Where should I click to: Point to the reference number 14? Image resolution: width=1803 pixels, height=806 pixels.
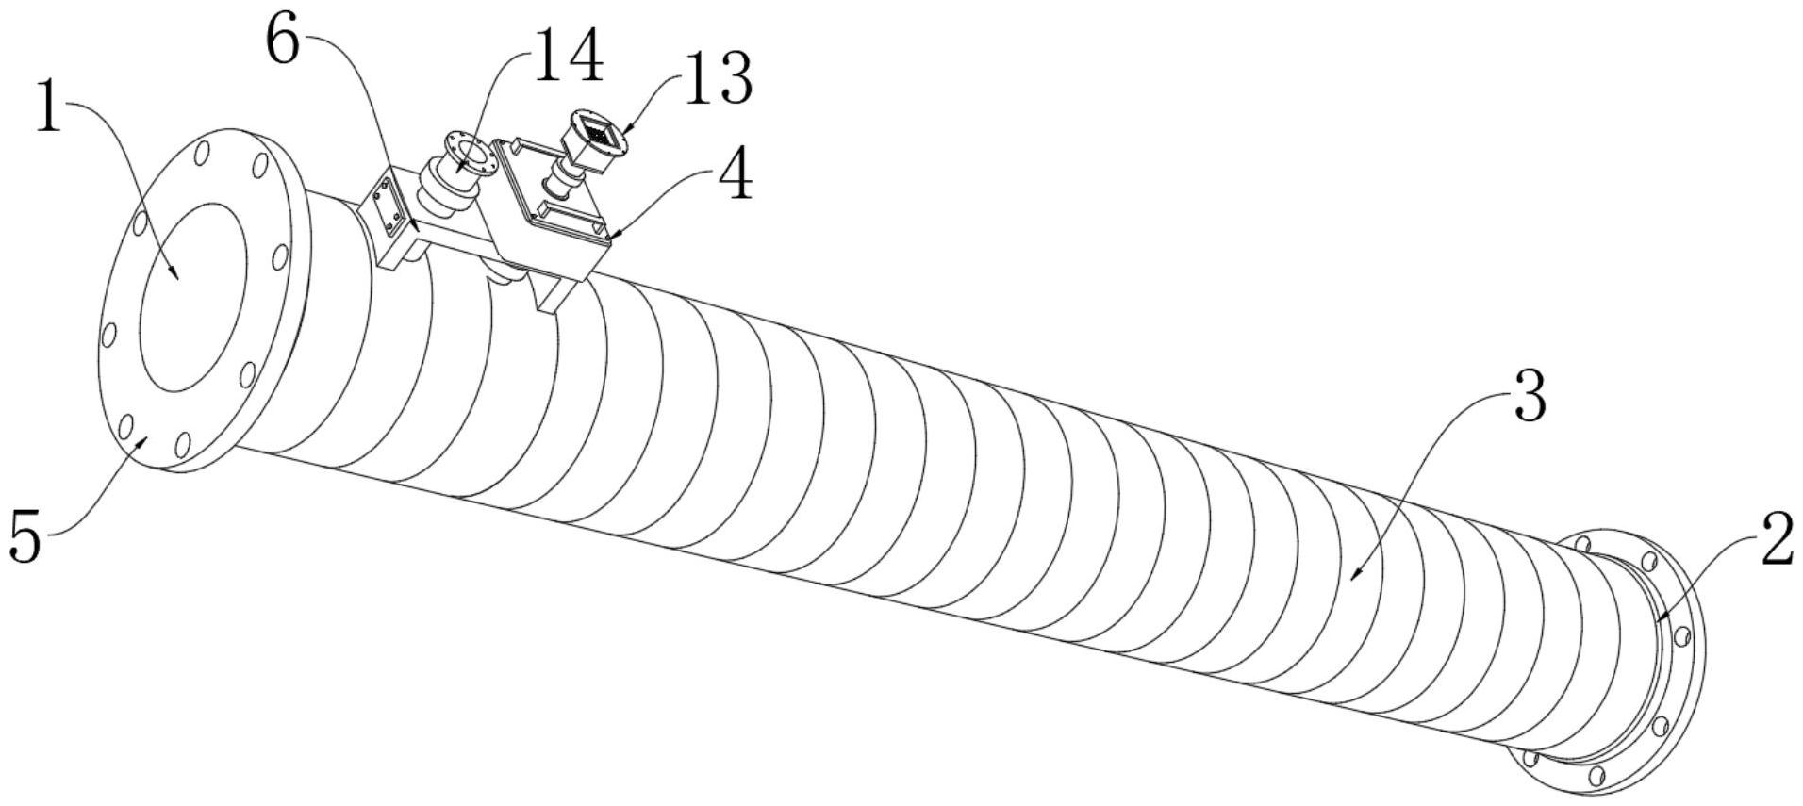tap(569, 55)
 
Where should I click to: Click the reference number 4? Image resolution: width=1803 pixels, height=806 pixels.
tap(735, 174)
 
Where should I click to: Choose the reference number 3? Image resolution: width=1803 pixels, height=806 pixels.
tap(1530, 396)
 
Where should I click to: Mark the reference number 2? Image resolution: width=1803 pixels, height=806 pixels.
tap(1777, 540)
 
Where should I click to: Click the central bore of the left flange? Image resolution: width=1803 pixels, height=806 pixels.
tap(193, 297)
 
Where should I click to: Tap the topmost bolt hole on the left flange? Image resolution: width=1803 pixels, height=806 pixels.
tap(203, 153)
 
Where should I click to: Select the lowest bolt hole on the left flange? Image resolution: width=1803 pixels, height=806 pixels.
tap(184, 443)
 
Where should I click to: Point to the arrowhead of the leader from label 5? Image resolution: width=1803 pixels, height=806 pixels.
tap(144, 438)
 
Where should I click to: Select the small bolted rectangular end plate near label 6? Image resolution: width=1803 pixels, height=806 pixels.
tap(385, 204)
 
